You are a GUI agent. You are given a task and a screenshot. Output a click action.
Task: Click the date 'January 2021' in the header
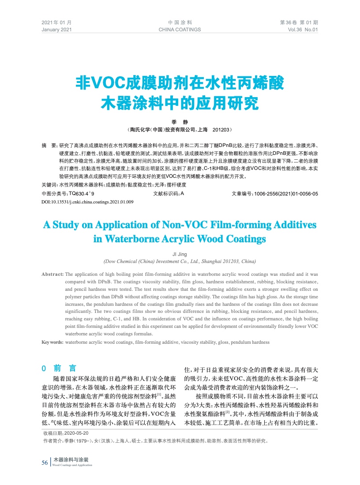coord(56,30)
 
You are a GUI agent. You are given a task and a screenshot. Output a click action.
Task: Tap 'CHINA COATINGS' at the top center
coord(180,30)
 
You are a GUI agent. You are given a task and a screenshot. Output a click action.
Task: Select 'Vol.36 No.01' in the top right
coord(302,30)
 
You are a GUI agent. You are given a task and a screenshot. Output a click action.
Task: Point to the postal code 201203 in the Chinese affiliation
coord(221,130)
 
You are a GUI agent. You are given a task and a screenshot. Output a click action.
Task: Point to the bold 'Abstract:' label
coord(52,274)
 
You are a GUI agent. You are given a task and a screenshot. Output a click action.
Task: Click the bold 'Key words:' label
coord(52,342)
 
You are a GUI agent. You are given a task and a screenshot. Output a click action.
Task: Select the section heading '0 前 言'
coord(59,368)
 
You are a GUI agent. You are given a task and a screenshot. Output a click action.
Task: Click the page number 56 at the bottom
coord(44,462)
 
